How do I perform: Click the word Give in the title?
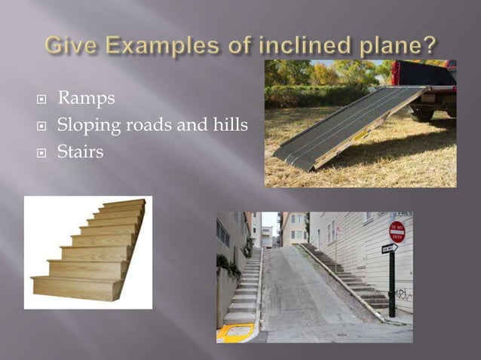point(69,45)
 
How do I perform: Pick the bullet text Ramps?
point(86,98)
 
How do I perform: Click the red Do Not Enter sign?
point(397,231)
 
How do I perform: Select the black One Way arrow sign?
point(390,249)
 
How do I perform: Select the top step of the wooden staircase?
point(125,204)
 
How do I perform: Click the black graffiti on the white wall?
point(403,294)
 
